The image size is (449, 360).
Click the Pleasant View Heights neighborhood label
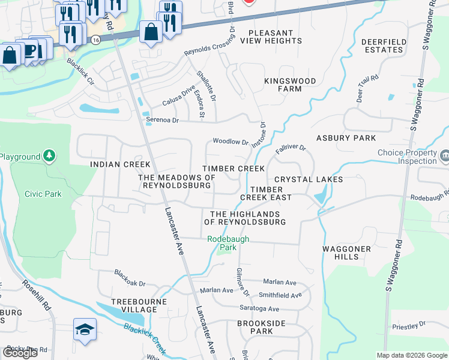[x=271, y=37]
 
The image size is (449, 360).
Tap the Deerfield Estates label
[x=384, y=46]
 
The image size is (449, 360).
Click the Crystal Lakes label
[x=309, y=179]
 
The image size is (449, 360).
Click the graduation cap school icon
[x=83, y=329]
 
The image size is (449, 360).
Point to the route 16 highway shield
[x=96, y=38]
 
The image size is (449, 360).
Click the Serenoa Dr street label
[x=163, y=120]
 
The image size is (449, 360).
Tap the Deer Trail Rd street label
[x=367, y=89]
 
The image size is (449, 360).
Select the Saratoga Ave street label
[x=261, y=309]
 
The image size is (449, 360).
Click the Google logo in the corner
[x=20, y=352]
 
